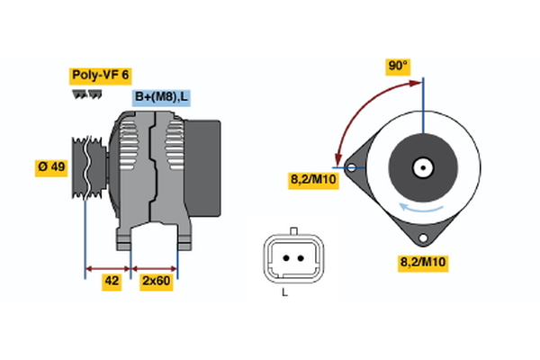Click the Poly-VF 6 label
tap(101, 76)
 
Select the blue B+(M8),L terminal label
tap(162, 97)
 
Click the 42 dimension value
tap(112, 281)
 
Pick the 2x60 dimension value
tap(156, 281)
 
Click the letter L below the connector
tap(284, 293)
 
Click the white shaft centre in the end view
tap(420, 166)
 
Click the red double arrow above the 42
tap(108, 267)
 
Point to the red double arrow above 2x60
tap(155, 267)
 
